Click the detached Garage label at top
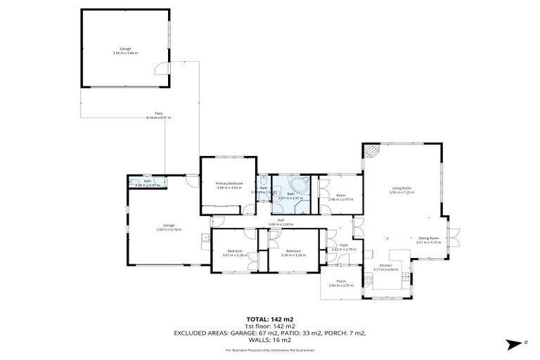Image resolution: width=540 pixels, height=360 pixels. pyautogui.click(x=125, y=49)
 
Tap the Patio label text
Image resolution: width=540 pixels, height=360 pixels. pyautogui.click(x=160, y=113)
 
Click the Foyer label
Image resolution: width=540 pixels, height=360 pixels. pyautogui.click(x=344, y=245)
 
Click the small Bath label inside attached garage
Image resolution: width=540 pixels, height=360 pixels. pyautogui.click(x=148, y=181)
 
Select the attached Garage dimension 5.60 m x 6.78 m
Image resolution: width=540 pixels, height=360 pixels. pyautogui.click(x=169, y=229)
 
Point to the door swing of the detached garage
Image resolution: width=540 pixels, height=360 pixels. pyautogui.click(x=163, y=67)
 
